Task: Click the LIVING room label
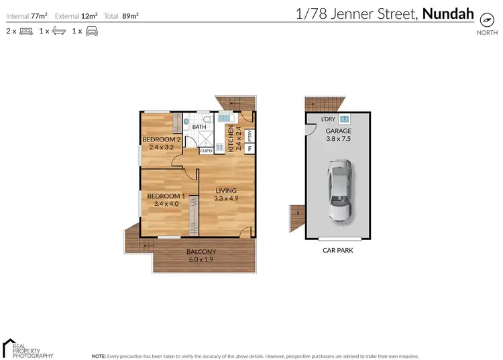[225, 194]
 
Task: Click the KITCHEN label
[230, 139]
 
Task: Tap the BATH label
[199, 127]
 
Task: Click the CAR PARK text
[338, 250]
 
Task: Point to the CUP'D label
[206, 151]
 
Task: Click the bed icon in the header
[26, 31]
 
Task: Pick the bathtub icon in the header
[59, 31]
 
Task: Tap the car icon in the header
[91, 31]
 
